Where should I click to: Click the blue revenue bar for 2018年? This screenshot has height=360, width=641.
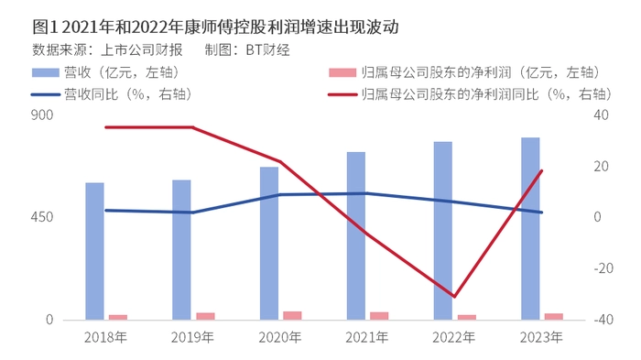94,251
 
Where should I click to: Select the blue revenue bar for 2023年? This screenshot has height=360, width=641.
530,229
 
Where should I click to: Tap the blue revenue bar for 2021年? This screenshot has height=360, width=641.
356,235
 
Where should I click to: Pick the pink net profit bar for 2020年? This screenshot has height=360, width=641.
292,315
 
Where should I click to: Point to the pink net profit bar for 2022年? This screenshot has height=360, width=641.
467,317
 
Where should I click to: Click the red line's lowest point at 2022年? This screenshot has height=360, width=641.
454,297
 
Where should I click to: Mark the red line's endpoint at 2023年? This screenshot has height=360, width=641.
542,170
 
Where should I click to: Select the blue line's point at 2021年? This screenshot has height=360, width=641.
366,193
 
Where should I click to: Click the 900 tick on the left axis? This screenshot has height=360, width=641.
42,115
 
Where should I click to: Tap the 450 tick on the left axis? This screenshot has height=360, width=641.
42,217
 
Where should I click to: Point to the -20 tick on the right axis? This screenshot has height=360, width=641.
603,268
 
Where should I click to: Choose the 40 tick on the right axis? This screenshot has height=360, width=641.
601,115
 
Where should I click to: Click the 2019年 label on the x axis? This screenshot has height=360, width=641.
192,337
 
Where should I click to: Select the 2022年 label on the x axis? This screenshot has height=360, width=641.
454,337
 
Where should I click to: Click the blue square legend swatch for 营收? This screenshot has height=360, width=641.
46,72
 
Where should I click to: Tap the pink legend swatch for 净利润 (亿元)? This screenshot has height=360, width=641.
342,72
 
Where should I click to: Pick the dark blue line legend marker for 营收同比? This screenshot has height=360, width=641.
46,95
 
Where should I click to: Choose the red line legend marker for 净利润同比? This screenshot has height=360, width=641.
342,95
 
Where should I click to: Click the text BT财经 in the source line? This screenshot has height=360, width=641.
267,49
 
